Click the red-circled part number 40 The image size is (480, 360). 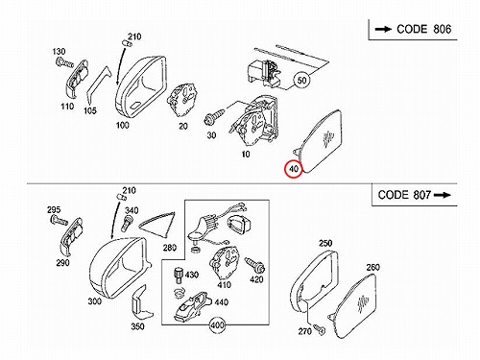[294, 169]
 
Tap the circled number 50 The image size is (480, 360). [301, 80]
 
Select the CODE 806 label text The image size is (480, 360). [423, 29]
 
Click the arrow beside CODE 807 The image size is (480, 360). [443, 195]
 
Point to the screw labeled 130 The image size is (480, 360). [64, 62]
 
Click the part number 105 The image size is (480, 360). [90, 110]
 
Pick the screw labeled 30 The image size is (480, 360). [214, 116]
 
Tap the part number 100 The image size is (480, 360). [123, 125]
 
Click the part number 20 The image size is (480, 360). [183, 126]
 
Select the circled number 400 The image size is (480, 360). [217, 325]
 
